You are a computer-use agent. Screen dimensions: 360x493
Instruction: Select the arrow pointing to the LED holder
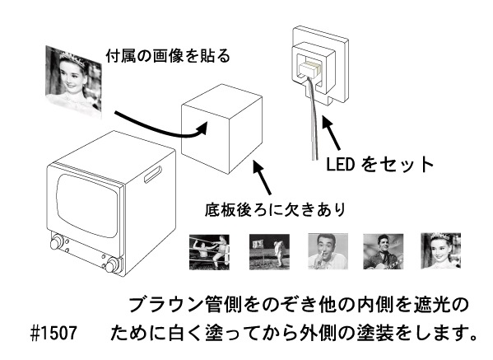pyautogui.click(x=330, y=131)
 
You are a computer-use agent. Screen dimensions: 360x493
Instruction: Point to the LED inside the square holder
pyautogui.click(x=311, y=67)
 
